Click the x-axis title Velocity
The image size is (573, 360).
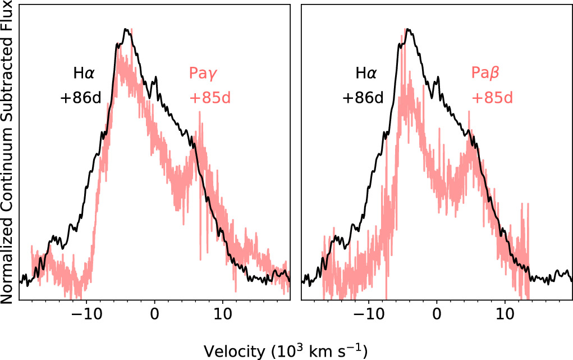click(286, 351)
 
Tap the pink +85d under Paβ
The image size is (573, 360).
click(492, 98)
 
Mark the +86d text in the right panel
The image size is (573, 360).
click(363, 98)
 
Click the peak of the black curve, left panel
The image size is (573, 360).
click(127, 29)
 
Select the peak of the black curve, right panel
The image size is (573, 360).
click(409, 29)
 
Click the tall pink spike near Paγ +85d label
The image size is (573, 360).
click(199, 113)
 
